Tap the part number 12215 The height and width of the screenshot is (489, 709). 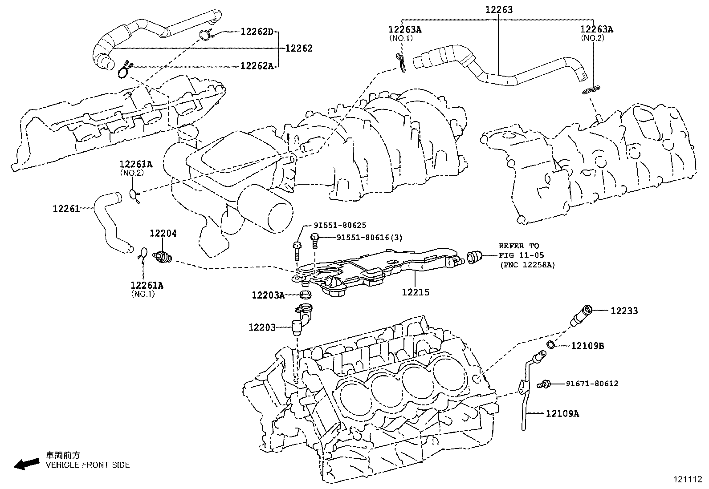pyautogui.click(x=415, y=292)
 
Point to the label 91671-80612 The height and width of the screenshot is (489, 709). pyautogui.click(x=592, y=384)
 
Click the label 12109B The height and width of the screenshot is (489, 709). pyautogui.click(x=587, y=346)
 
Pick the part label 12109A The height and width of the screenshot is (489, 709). pyautogui.click(x=562, y=413)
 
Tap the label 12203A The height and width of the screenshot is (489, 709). pyautogui.click(x=268, y=295)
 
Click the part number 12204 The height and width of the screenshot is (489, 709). pyautogui.click(x=163, y=233)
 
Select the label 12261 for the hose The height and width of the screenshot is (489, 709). pyautogui.click(x=66, y=208)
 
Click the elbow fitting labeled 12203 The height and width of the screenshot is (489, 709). pyautogui.click(x=299, y=319)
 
